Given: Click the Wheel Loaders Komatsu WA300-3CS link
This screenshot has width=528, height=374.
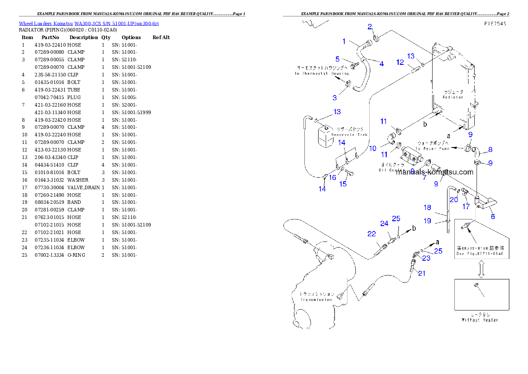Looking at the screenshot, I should click(x=89, y=24).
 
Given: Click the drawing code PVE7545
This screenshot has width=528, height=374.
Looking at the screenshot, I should click(x=494, y=25).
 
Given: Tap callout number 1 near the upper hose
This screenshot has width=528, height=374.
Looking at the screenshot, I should click(x=344, y=41).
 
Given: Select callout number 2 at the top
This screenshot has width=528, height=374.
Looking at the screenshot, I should click(x=370, y=27).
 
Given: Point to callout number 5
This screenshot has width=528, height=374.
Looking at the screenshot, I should click(x=338, y=59).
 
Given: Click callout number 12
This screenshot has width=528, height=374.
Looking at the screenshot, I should click(x=400, y=63).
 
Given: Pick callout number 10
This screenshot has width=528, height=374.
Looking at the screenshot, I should click(x=373, y=148).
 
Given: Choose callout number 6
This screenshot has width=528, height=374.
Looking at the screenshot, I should click(x=493, y=216).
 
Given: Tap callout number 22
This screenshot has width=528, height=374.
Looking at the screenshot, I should click(x=371, y=234).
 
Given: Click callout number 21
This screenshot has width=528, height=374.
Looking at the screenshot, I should click(x=422, y=273).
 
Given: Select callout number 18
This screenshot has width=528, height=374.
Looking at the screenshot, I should click(x=427, y=207).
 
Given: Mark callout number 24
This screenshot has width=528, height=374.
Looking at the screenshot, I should click(x=384, y=223).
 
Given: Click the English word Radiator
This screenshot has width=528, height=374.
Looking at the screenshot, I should click(x=453, y=97).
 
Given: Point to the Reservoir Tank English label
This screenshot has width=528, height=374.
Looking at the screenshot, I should click(x=350, y=135).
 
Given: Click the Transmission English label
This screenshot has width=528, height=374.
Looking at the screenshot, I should click(x=315, y=299).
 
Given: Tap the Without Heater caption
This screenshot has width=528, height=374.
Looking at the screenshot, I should click(x=480, y=320).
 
